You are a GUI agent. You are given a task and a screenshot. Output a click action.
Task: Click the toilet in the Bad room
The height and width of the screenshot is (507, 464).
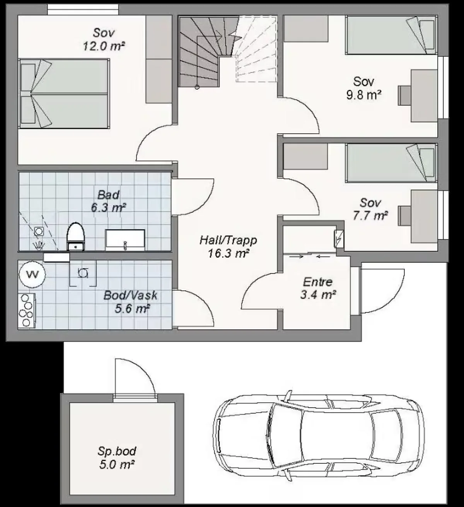(x=75, y=236)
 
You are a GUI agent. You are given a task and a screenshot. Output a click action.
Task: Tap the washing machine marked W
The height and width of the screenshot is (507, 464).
(x=32, y=274)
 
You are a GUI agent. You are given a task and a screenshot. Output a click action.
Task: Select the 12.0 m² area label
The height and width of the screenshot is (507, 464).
(x=104, y=46)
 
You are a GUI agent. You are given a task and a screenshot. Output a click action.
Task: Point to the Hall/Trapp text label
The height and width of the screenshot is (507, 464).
(x=228, y=240)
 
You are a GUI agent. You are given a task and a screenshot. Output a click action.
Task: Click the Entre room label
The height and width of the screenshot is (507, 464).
(x=318, y=282)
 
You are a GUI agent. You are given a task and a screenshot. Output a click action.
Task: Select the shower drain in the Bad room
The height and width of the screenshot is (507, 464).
(x=38, y=231)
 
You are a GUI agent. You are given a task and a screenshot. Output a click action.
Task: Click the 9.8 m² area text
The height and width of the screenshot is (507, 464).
(x=364, y=95)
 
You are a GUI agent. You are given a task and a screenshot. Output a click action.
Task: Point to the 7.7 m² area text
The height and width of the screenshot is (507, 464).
(x=370, y=216)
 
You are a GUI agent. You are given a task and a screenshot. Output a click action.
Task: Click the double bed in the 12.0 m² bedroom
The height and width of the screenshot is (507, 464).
(x=64, y=94)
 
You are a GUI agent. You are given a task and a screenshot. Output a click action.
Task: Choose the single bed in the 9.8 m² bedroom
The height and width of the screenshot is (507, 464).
(x=391, y=35)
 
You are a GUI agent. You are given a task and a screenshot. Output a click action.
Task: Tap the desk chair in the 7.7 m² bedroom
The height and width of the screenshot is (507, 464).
(x=404, y=215)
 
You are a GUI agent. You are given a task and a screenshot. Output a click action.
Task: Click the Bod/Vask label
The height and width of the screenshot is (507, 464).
(x=130, y=296)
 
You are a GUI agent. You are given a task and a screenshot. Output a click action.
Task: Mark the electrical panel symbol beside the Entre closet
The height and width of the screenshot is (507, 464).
(x=339, y=238)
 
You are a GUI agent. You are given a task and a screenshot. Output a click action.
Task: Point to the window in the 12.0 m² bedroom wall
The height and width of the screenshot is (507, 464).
(x=83, y=10)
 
